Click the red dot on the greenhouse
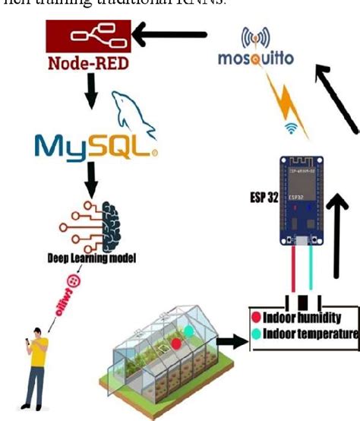175,343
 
